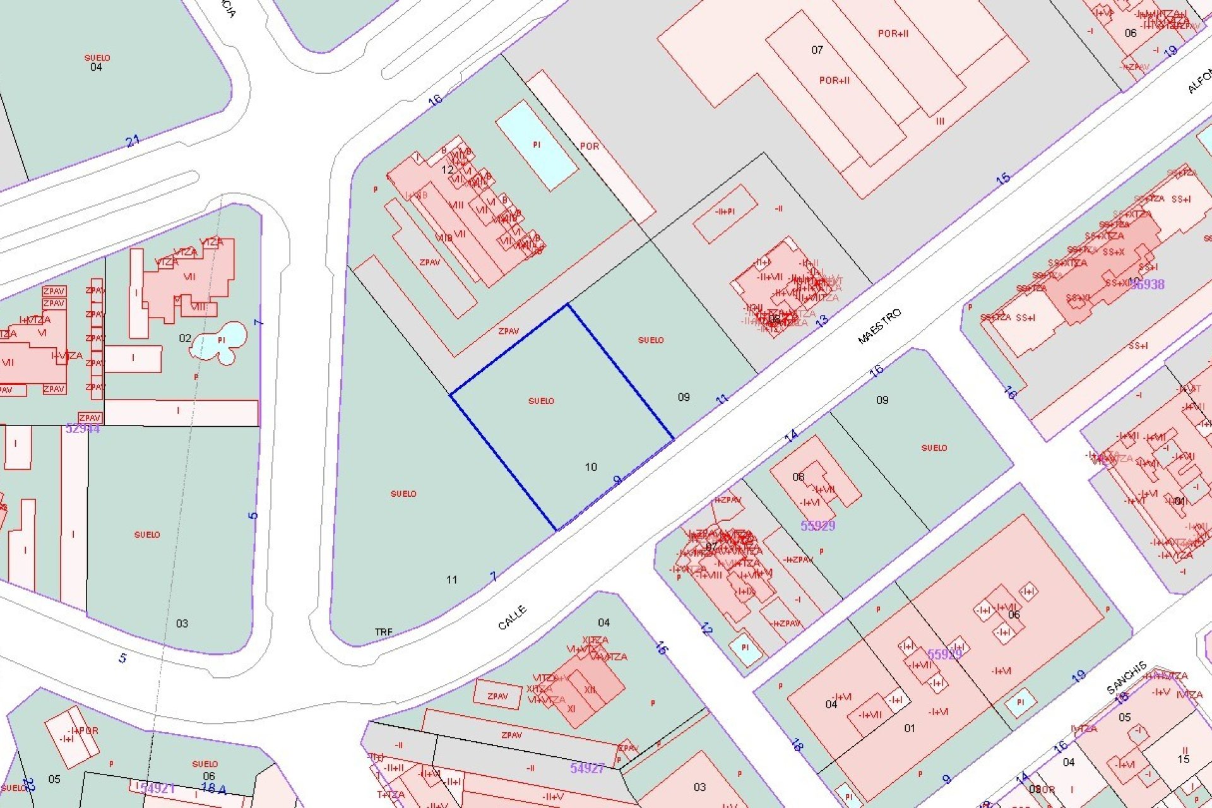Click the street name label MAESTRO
[x=879, y=326]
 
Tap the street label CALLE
[x=512, y=617]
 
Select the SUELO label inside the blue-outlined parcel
[x=541, y=401]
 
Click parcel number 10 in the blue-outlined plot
[x=591, y=467]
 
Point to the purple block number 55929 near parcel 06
[x=817, y=525]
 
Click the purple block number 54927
[x=587, y=768]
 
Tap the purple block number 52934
[x=83, y=429]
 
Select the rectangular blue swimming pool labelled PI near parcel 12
[x=537, y=145]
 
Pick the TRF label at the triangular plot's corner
[x=383, y=632]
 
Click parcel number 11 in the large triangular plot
[x=451, y=579]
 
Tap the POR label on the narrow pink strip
[x=589, y=146]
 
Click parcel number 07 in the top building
[x=817, y=50]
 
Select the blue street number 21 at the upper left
[x=133, y=141]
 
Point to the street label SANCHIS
[x=1127, y=677]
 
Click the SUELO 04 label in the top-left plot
[x=97, y=62]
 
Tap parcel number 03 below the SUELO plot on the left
[x=182, y=624]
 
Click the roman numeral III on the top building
[x=941, y=121]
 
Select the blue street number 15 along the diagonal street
[x=1003, y=179]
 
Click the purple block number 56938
[x=1147, y=284]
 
